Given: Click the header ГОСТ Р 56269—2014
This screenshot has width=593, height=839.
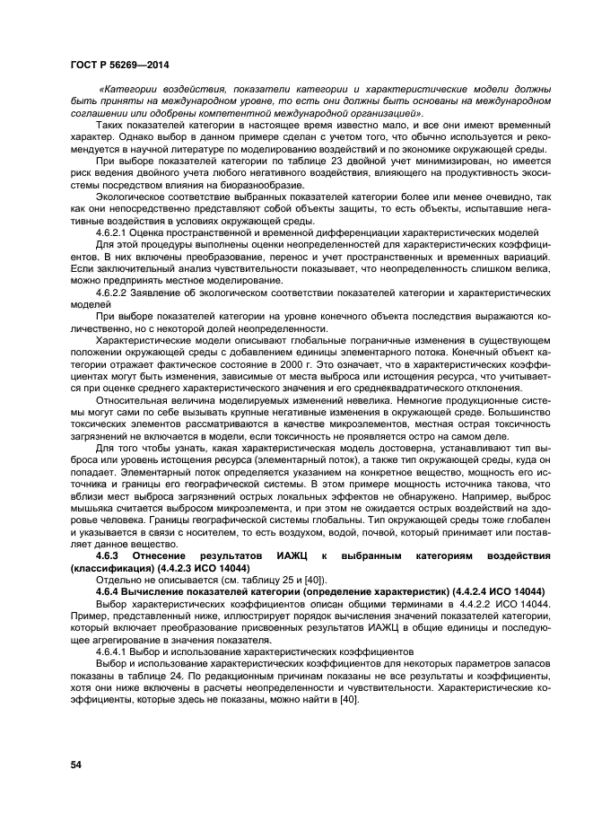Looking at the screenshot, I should [119, 65].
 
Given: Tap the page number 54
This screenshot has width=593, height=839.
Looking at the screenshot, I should [76, 764].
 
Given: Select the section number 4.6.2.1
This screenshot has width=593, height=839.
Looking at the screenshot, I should [111, 232].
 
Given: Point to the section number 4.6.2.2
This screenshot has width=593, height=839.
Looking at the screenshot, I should [111, 293].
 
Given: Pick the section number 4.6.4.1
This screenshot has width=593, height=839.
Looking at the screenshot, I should [111, 651].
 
